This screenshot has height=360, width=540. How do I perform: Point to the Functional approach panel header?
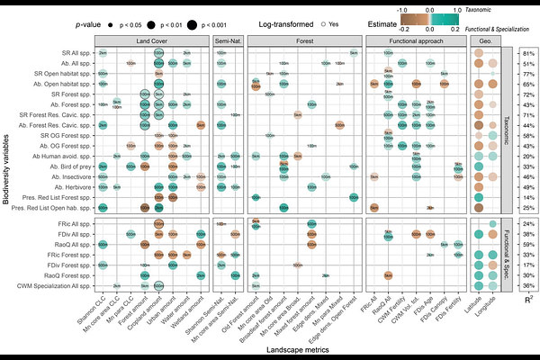click(415, 41)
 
